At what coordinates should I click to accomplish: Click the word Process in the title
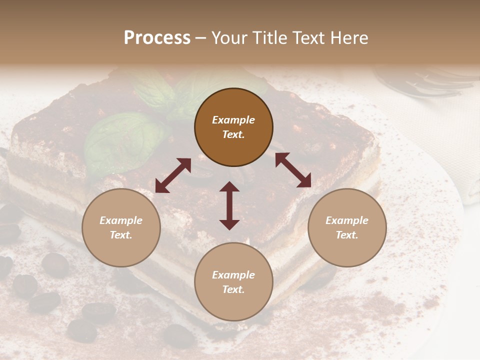(x=157, y=38)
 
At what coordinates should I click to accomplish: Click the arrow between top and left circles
(x=173, y=175)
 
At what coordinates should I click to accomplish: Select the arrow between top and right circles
(x=293, y=170)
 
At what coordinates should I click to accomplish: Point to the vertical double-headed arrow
(x=229, y=205)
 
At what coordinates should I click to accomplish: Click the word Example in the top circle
(x=233, y=120)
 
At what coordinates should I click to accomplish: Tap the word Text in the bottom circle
(x=233, y=289)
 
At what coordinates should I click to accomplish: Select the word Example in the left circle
(x=121, y=220)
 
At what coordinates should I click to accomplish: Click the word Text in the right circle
(x=347, y=235)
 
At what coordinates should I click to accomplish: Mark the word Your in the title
(x=229, y=38)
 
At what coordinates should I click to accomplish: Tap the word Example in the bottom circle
(x=233, y=275)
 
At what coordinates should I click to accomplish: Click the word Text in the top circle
(x=233, y=134)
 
